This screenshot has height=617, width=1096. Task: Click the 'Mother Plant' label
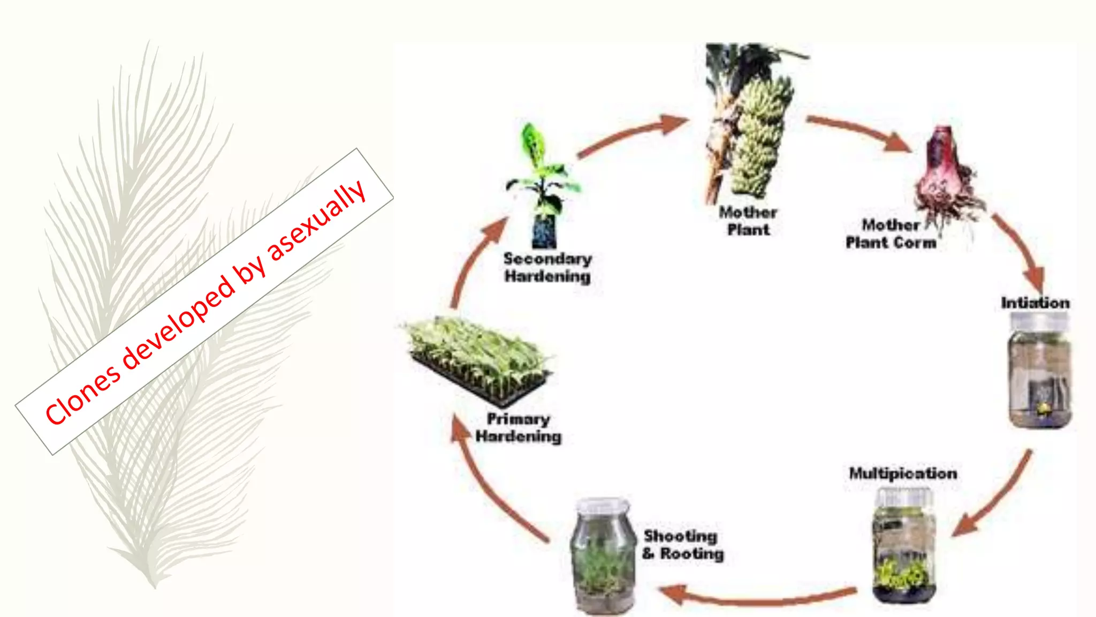click(x=748, y=221)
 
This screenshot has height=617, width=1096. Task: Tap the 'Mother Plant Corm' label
click(x=891, y=234)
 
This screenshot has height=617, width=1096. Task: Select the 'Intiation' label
click(x=1035, y=303)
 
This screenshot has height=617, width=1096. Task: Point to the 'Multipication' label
click(x=903, y=473)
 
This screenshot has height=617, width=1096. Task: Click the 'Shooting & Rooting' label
click(x=683, y=544)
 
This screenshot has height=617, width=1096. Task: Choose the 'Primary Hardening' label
click(x=518, y=427)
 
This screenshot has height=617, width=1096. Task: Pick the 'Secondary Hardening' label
click(x=547, y=267)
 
